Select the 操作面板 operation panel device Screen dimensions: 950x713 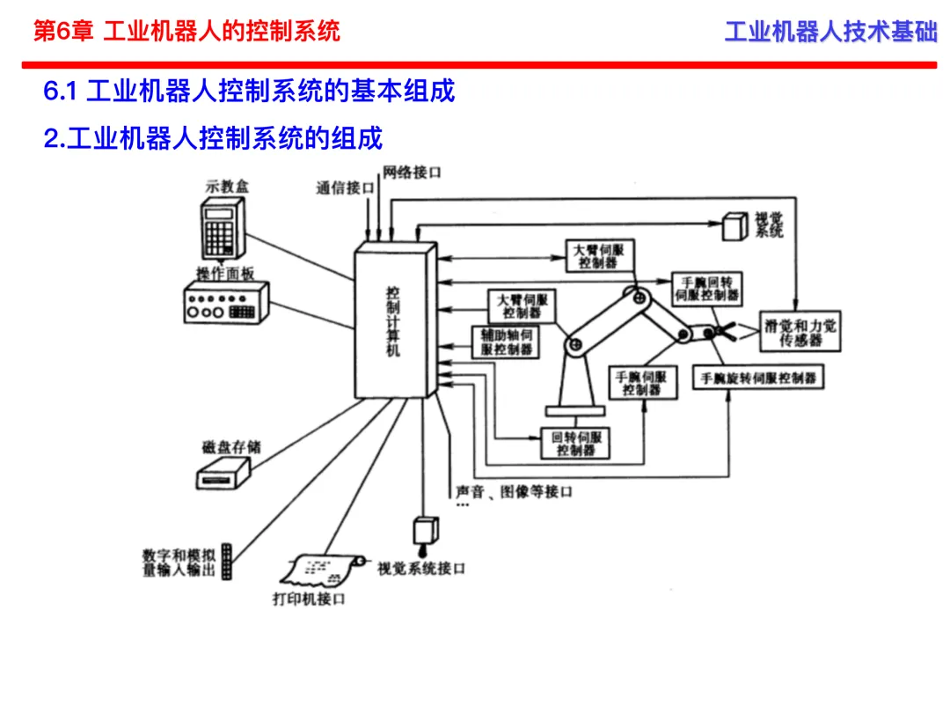(226, 303)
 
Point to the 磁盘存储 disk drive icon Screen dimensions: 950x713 (223, 474)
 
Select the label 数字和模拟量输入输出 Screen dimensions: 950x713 (179, 562)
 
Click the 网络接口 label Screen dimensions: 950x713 (412, 173)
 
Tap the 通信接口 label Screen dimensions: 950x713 (345, 188)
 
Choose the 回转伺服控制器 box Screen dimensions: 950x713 (575, 444)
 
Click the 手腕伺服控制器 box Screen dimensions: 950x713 (643, 383)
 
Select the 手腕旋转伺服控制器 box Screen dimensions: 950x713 (758, 379)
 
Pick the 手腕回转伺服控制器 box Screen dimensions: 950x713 (707, 290)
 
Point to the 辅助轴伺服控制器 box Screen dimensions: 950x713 (506, 342)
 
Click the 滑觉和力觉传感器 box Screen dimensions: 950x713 (800, 332)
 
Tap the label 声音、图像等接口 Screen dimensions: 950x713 (514, 492)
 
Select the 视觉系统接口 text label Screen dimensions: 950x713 (421, 569)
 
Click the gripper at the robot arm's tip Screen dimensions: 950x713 (720, 332)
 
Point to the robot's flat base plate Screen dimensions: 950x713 (575, 411)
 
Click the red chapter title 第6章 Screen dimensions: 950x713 (63, 31)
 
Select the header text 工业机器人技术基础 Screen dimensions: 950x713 (830, 32)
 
